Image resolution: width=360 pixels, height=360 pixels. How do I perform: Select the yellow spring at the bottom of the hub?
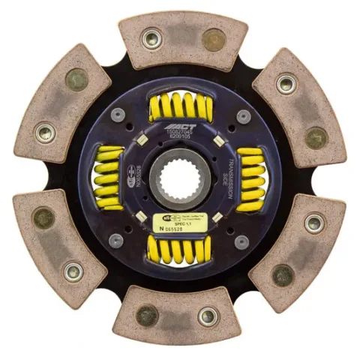[180, 250]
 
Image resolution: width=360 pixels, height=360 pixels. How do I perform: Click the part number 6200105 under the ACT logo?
[180, 137]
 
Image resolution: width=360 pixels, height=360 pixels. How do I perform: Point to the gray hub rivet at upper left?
[118, 115]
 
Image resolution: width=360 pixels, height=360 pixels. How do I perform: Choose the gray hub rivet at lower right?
[241, 241]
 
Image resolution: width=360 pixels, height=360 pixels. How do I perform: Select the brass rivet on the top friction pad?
[213, 37]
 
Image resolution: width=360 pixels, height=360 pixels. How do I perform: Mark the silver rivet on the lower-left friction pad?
[73, 271]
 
